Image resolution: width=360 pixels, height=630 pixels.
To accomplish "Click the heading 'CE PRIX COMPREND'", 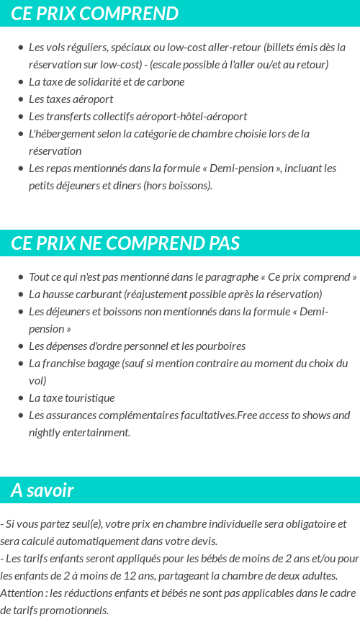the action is point(94,14).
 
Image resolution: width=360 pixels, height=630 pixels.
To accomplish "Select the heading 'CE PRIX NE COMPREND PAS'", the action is point(125,243).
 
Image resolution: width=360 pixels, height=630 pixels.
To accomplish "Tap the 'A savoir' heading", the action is point(42,490).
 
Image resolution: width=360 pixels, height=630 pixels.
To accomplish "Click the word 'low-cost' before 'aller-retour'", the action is point(186,48).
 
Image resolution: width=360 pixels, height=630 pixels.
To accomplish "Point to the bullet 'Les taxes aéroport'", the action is point(71,99).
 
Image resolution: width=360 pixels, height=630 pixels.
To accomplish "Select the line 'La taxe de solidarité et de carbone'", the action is point(106,82).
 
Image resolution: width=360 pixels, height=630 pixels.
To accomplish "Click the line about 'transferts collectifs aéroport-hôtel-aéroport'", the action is point(138,117).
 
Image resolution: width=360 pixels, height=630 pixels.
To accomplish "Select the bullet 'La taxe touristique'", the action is point(71,398).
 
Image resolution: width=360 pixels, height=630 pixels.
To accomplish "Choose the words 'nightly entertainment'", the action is point(79,433).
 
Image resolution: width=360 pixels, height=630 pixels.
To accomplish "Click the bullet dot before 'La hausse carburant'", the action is point(20,294).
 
